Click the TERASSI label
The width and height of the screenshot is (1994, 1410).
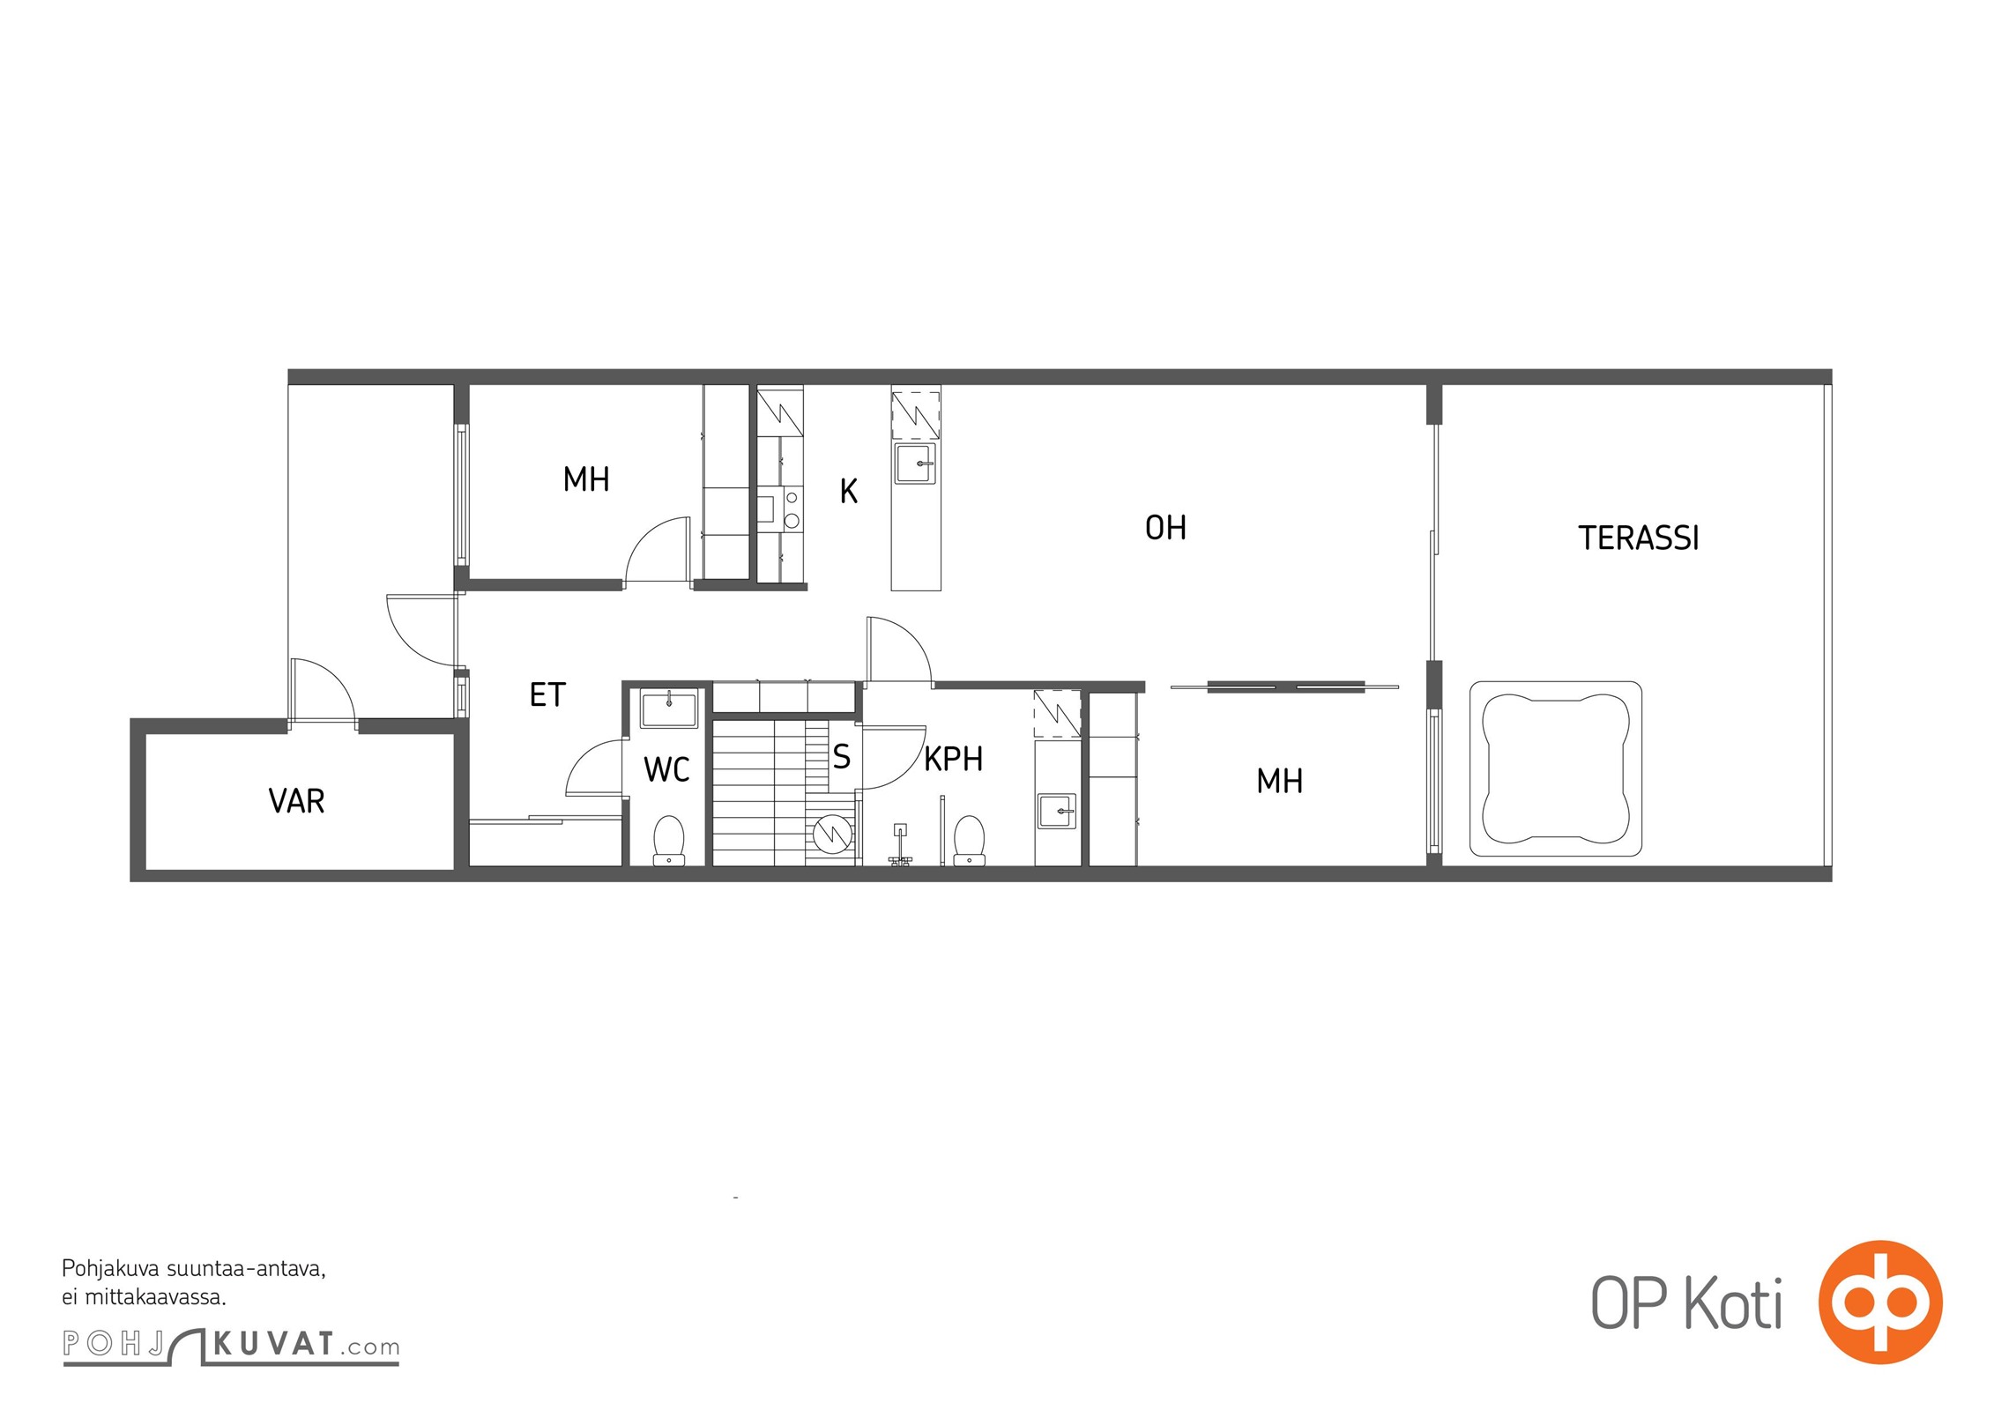click(1638, 538)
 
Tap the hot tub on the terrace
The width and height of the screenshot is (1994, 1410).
click(1556, 768)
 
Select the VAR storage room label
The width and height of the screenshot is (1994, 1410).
click(296, 801)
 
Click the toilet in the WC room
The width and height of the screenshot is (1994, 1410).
click(669, 840)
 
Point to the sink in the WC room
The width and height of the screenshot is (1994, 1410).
click(669, 709)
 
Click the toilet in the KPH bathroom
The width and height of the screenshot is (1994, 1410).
click(970, 840)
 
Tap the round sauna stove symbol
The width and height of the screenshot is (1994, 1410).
click(831, 835)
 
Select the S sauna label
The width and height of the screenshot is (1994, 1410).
click(842, 756)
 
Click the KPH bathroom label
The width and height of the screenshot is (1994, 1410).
click(953, 759)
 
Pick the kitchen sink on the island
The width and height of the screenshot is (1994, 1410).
click(916, 464)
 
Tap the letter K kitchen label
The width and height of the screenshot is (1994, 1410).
click(849, 491)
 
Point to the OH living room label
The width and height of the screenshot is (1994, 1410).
click(1165, 528)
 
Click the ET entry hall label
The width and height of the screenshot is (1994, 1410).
click(547, 695)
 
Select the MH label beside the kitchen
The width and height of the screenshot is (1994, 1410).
click(586, 479)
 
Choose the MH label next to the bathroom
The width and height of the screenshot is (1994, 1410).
click(1279, 781)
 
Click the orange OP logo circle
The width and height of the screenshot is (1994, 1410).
click(1880, 1302)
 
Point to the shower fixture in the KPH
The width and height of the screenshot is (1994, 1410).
click(900, 845)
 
